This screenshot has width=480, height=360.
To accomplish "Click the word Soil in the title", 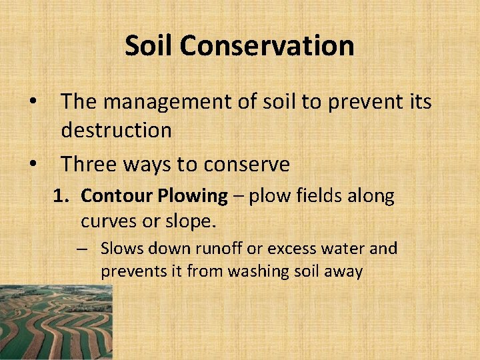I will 149,46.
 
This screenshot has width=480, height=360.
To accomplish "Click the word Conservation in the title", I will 267,46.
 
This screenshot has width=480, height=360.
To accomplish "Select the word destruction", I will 116,130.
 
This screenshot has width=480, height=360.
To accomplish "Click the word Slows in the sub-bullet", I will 121,249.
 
